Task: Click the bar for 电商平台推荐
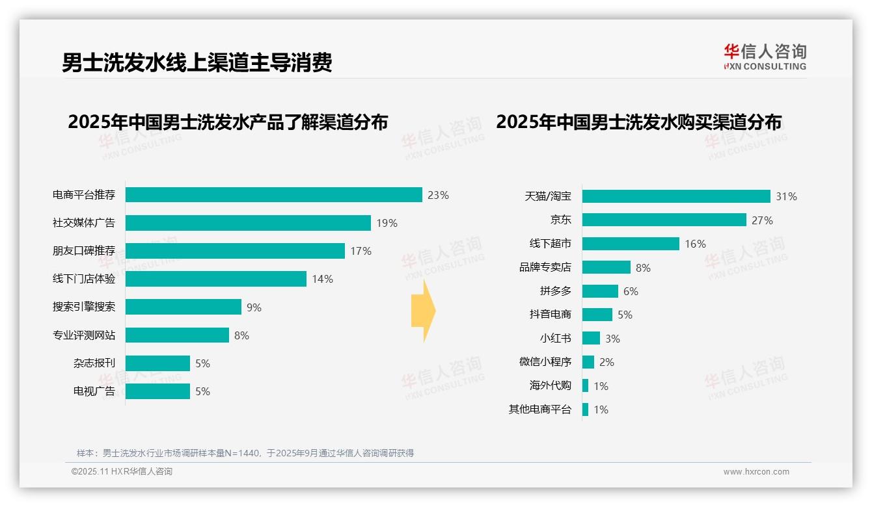click(x=273, y=195)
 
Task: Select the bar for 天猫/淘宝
click(x=676, y=196)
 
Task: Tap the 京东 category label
click(x=560, y=220)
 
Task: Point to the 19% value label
click(x=387, y=223)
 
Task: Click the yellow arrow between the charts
click(x=423, y=311)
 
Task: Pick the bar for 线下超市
click(x=631, y=244)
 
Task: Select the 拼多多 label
click(x=555, y=291)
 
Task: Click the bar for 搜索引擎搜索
click(x=183, y=307)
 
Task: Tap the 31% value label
click(x=786, y=196)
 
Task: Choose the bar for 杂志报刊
click(x=157, y=363)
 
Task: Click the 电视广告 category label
click(x=94, y=391)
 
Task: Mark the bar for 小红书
click(x=591, y=339)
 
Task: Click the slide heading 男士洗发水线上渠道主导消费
click(x=197, y=62)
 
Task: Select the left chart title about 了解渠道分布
click(x=228, y=122)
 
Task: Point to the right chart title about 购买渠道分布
click(x=638, y=122)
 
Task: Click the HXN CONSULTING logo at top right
click(x=765, y=57)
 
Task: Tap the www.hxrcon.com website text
click(x=756, y=472)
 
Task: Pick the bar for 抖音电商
click(x=597, y=315)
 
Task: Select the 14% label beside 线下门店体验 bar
click(x=322, y=279)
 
